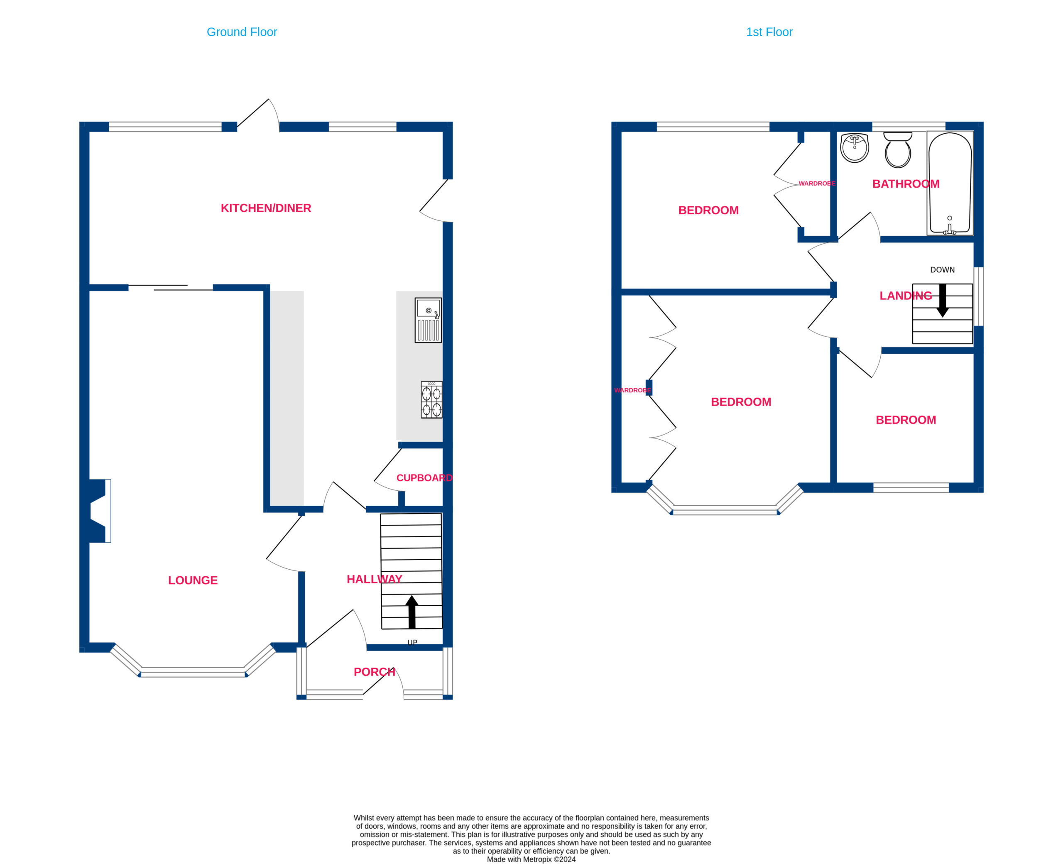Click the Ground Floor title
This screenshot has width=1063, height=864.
(242, 32)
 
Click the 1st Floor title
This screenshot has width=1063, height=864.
(769, 32)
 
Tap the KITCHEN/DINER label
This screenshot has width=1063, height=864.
(266, 208)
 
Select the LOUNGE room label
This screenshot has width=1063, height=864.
(193, 580)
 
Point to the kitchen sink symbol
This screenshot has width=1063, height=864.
(428, 320)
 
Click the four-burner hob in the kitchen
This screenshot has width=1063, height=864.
(431, 400)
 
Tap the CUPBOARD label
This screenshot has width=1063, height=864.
(424, 478)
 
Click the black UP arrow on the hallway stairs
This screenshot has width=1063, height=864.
(411, 612)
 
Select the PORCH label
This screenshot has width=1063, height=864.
(374, 672)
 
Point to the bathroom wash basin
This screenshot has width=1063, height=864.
(855, 148)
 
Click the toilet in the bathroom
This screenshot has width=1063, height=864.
(898, 150)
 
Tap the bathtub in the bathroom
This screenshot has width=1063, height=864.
(950, 183)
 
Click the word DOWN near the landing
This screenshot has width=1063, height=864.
(943, 270)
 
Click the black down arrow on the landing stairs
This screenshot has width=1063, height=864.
(943, 301)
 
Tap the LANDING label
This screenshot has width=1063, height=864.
(906, 296)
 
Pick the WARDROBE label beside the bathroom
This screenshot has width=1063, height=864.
(817, 184)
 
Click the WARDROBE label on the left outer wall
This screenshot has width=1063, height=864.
(632, 390)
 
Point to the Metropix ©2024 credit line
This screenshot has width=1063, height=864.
(531, 859)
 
